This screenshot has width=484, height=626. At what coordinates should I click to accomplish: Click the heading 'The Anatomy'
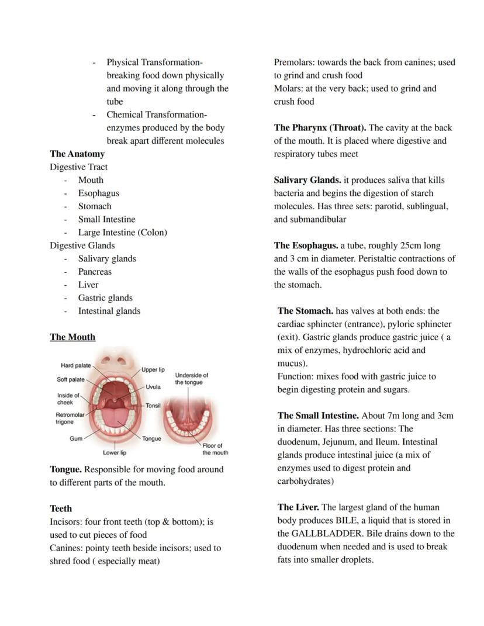point(77,154)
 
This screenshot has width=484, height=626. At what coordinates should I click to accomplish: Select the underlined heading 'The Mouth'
point(72,337)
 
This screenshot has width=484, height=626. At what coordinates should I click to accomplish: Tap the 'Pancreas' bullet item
point(95,272)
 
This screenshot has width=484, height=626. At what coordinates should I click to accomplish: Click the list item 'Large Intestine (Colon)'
point(122,232)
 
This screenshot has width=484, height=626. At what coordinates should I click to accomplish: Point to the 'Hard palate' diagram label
point(76,365)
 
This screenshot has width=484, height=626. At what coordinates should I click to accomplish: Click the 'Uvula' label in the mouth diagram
point(153,387)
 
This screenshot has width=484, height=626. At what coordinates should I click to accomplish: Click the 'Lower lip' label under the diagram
point(115,452)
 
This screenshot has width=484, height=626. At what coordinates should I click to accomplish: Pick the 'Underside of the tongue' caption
point(191,378)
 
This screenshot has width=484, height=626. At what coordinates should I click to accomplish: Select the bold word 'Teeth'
point(61,509)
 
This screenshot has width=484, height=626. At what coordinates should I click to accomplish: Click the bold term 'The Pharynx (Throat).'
point(320,127)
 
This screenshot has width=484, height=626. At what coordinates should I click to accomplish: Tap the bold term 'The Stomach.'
point(305,311)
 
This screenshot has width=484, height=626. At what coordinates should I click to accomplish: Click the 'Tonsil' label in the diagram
point(153,406)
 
